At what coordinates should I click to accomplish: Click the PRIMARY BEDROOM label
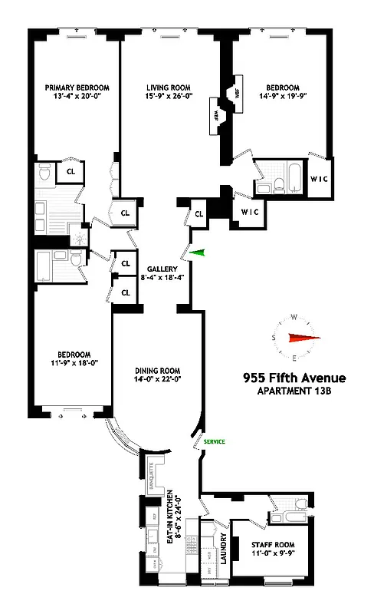pos(74,87)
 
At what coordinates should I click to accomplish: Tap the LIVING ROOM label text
pos(169,87)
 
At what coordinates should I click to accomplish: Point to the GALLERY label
pos(162,269)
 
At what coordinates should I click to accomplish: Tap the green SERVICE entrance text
pos(215,442)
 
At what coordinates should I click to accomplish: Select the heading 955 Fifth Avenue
pos(294,378)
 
